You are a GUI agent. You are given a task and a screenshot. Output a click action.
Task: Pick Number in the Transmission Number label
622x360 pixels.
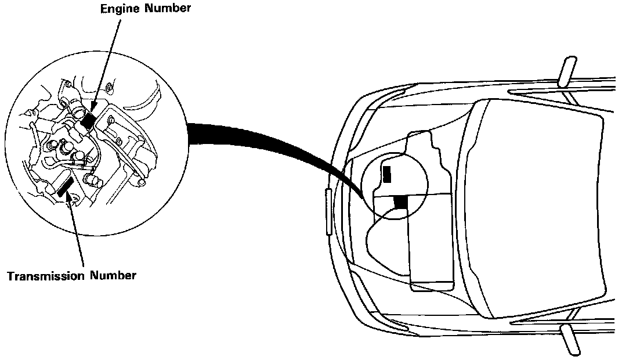coord(113,275)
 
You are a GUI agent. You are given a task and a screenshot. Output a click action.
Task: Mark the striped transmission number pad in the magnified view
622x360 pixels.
coord(64,188)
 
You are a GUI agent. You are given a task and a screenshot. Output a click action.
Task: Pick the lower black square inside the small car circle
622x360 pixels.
coord(400,202)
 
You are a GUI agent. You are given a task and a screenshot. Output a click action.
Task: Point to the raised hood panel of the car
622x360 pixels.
coord(540,209)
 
